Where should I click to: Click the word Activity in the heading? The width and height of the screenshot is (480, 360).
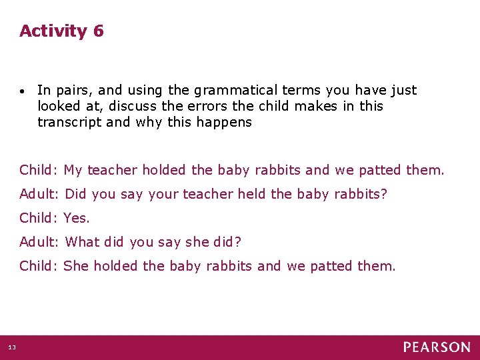click(x=53, y=31)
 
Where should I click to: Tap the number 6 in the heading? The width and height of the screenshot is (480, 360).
click(x=99, y=31)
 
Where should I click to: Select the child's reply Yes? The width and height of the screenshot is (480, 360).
click(x=77, y=218)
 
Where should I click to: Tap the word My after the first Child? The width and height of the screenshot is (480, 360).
click(x=73, y=170)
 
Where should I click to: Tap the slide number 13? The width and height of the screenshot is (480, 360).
click(x=12, y=347)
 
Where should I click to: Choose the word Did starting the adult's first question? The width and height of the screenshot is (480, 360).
click(x=76, y=194)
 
